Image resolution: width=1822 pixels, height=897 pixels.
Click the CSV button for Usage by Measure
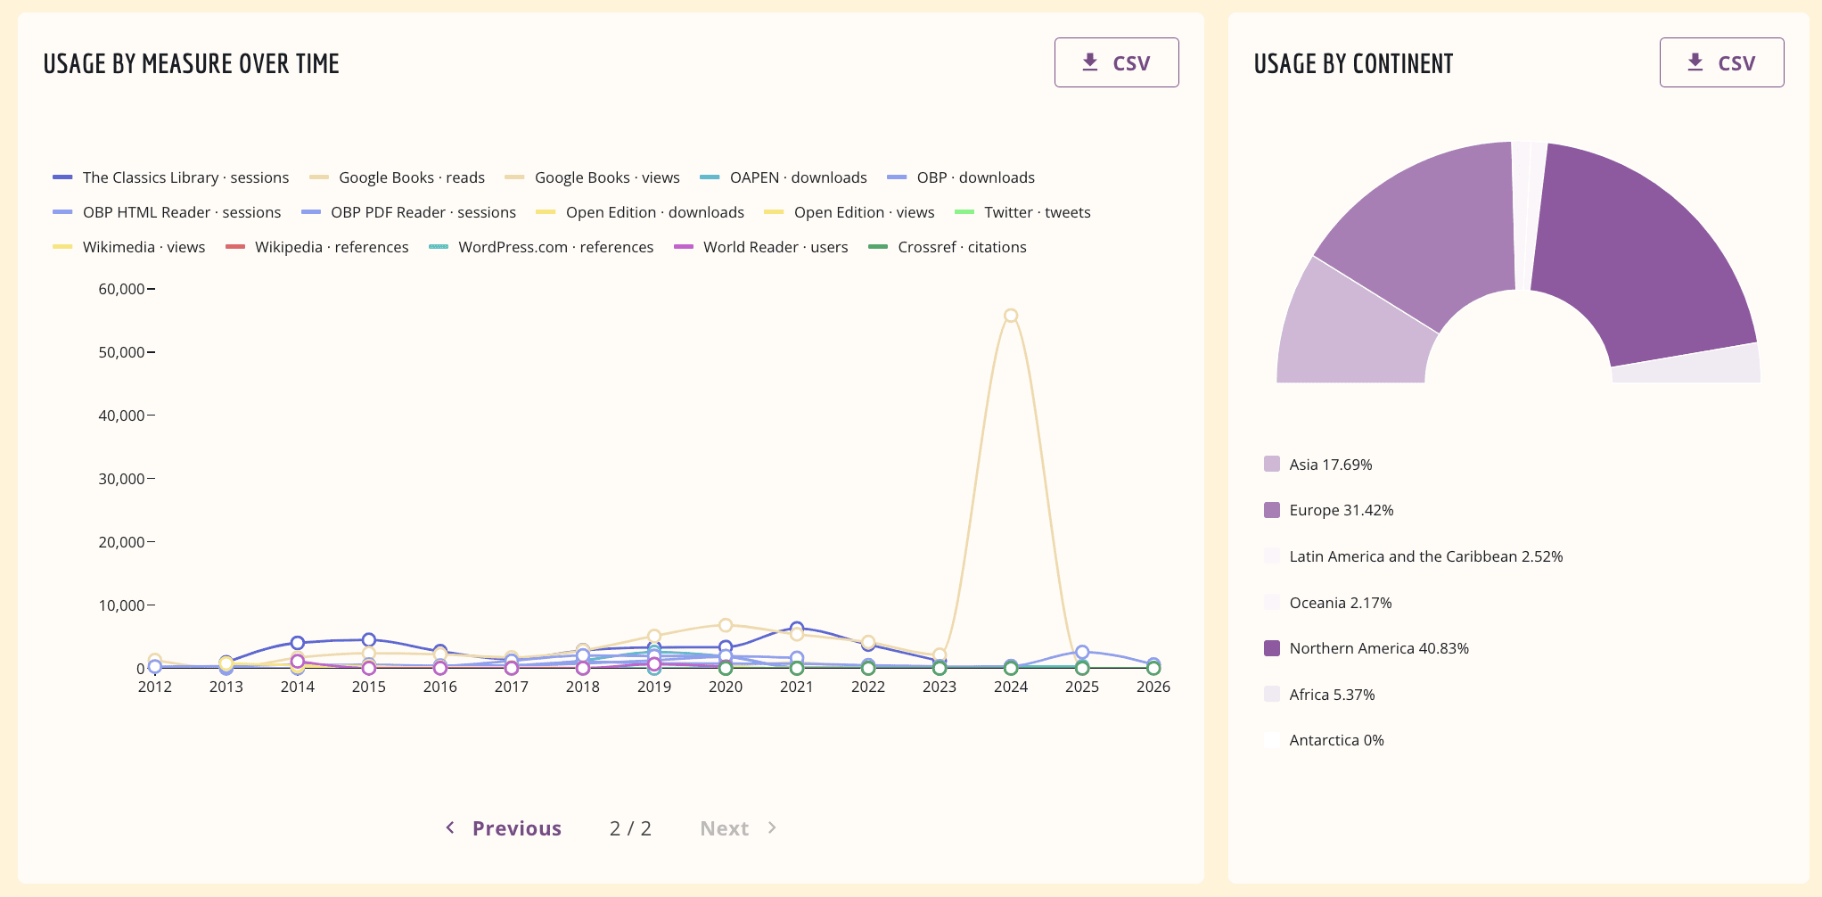[x=1116, y=62]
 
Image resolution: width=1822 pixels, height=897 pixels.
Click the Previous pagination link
[x=505, y=828]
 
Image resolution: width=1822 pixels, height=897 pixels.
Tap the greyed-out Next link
[x=737, y=828]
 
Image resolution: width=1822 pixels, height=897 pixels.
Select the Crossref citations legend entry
[x=948, y=247]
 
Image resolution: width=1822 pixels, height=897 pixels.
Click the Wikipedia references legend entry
[x=318, y=247]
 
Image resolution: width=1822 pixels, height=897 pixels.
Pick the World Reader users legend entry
[x=762, y=247]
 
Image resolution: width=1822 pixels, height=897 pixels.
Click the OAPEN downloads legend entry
[x=784, y=177]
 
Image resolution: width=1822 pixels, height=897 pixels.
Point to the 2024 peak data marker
[x=1011, y=316]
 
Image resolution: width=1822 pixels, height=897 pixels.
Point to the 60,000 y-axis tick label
[x=121, y=289]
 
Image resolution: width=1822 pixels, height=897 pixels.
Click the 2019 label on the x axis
[x=654, y=687]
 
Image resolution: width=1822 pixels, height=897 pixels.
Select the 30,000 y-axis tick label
[x=121, y=479]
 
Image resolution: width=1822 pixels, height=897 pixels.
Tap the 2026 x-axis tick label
[x=1153, y=687]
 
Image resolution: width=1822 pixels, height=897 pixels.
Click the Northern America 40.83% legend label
[x=1378, y=648]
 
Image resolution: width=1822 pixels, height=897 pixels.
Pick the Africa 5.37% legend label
[x=1332, y=695]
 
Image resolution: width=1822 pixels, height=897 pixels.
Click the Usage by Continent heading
[x=1353, y=64]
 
